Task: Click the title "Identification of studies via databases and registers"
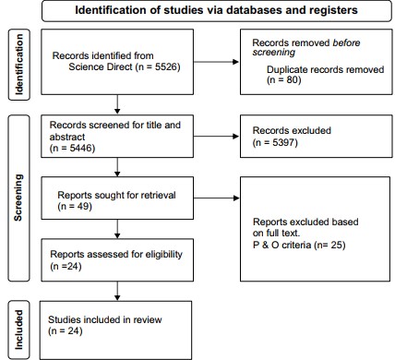tap(216, 10)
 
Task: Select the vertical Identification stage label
tap(18, 65)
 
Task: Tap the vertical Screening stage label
tap(18, 198)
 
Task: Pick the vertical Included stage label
tap(18, 330)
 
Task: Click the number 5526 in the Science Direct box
tap(167, 66)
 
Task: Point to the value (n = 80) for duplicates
tap(283, 79)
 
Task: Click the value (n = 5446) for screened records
tap(72, 148)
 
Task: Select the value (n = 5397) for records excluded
tap(275, 142)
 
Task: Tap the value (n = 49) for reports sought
tap(75, 206)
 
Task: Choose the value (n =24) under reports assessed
tap(66, 266)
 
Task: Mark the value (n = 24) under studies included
tap(66, 331)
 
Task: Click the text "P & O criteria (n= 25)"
tap(299, 245)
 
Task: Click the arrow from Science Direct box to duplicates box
tap(216, 62)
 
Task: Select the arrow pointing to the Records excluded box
tap(216, 137)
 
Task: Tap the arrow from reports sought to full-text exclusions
tap(216, 198)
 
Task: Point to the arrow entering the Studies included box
tap(117, 291)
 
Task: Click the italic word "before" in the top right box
tap(346, 42)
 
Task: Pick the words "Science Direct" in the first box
tap(101, 66)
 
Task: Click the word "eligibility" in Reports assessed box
tap(163, 255)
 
